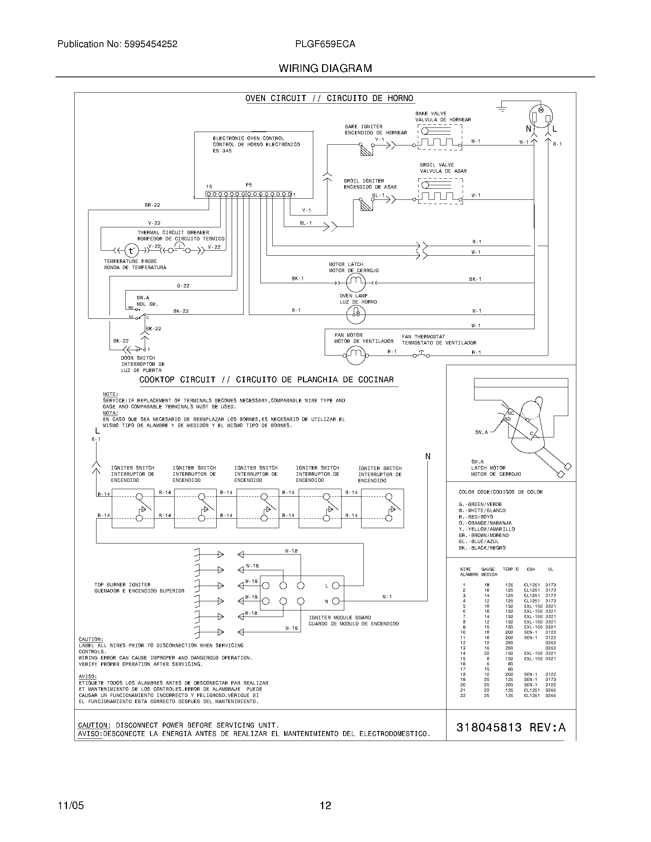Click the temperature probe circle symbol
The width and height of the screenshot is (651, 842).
point(131,251)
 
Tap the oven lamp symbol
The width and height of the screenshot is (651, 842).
point(356,314)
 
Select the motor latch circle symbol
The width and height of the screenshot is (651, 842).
point(355,283)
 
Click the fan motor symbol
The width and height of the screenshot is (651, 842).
point(355,354)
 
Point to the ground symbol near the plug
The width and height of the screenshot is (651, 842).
point(502,107)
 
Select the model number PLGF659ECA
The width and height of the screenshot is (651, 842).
point(325,44)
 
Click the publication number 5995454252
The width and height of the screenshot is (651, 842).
point(151,44)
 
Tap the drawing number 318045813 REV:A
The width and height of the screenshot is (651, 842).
point(510,728)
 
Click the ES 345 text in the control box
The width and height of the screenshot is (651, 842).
point(222,151)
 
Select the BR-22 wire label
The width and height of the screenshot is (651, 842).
point(152,205)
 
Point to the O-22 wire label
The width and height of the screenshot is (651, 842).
point(183,286)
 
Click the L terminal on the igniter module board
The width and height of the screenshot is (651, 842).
point(335,586)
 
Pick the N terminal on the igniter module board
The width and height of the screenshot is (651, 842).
point(335,601)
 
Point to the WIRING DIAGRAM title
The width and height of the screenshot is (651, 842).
point(325,68)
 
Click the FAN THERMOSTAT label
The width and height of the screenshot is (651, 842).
point(423,336)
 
